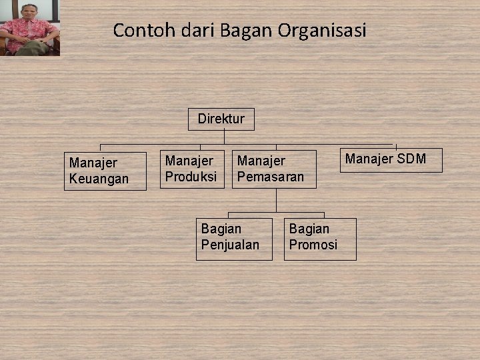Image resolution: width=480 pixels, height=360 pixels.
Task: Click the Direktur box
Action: coord(221,119)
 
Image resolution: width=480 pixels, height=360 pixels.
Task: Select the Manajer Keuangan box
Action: coord(105,171)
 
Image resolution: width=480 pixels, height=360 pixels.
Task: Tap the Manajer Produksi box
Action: coord(192,169)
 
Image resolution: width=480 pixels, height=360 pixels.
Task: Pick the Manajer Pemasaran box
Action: coord(274,169)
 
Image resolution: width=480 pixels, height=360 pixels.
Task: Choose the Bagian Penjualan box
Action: coord(233,238)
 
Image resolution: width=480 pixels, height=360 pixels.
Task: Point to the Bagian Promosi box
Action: coord(319,238)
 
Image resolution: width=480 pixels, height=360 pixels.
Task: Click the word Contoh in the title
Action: coord(135,30)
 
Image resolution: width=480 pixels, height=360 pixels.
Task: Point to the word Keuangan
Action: coord(99,179)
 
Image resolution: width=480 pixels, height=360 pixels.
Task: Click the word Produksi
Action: coord(191,177)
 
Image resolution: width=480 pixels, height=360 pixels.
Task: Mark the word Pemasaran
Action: coord(270,177)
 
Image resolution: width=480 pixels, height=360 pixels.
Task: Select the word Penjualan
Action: coord(230,245)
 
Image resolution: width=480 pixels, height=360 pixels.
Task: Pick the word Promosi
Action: coord(313,245)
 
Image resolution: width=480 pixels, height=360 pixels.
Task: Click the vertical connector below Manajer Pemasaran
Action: coord(276,200)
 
